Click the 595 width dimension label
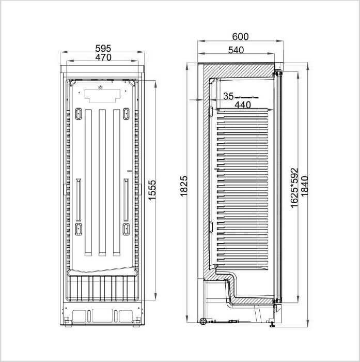(x=103, y=49)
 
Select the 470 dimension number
(x=103, y=57)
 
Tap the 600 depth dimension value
(x=240, y=37)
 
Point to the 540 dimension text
(x=236, y=50)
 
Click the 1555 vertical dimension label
(x=152, y=190)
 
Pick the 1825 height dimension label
(x=184, y=186)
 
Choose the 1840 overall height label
(x=305, y=186)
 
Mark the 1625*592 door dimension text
(x=294, y=188)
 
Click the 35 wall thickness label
(x=228, y=96)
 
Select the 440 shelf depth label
(x=243, y=105)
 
